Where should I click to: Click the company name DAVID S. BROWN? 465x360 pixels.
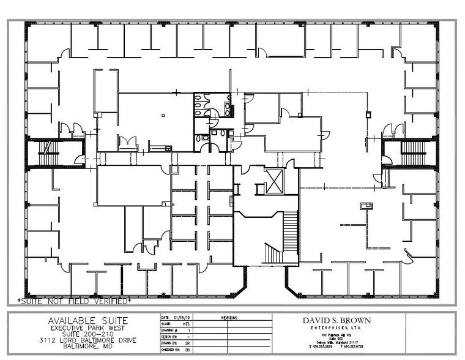tap(336, 320)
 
